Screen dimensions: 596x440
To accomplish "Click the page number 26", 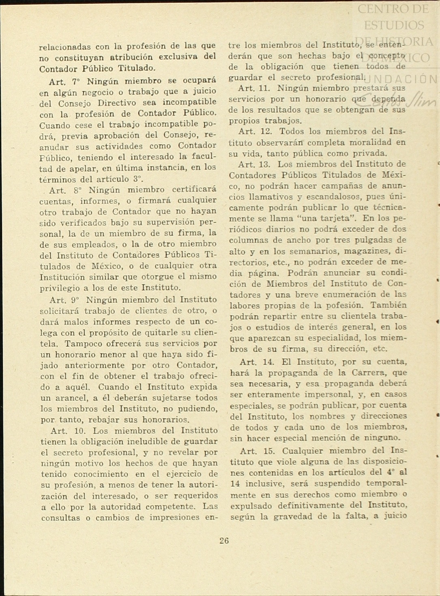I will (224, 540).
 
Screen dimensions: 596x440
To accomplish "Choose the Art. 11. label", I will (254, 88).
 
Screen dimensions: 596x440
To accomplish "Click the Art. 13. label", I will (254, 164).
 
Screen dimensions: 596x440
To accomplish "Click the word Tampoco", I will (85, 344).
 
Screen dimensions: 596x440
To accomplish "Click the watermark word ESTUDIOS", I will (394, 25).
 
